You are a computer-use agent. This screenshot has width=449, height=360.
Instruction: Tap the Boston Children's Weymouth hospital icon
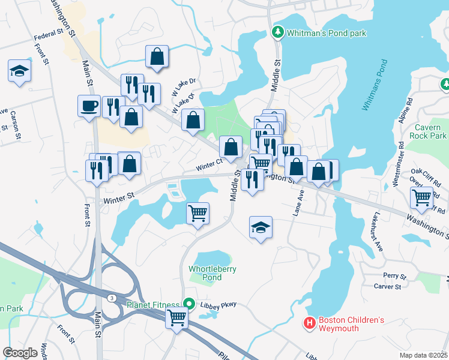tap(310, 324)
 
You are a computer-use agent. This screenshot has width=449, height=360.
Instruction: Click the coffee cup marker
tap(89, 106)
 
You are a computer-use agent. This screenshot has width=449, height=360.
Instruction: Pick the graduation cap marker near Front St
tap(19, 71)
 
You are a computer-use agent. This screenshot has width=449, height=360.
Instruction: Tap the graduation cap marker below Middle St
tap(261, 227)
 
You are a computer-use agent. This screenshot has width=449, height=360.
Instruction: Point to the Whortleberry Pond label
tap(205, 273)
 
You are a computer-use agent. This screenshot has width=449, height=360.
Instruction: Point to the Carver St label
tap(387, 287)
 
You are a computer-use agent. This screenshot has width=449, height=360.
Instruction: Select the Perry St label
tap(395, 276)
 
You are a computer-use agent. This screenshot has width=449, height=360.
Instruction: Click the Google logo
tap(20, 352)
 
